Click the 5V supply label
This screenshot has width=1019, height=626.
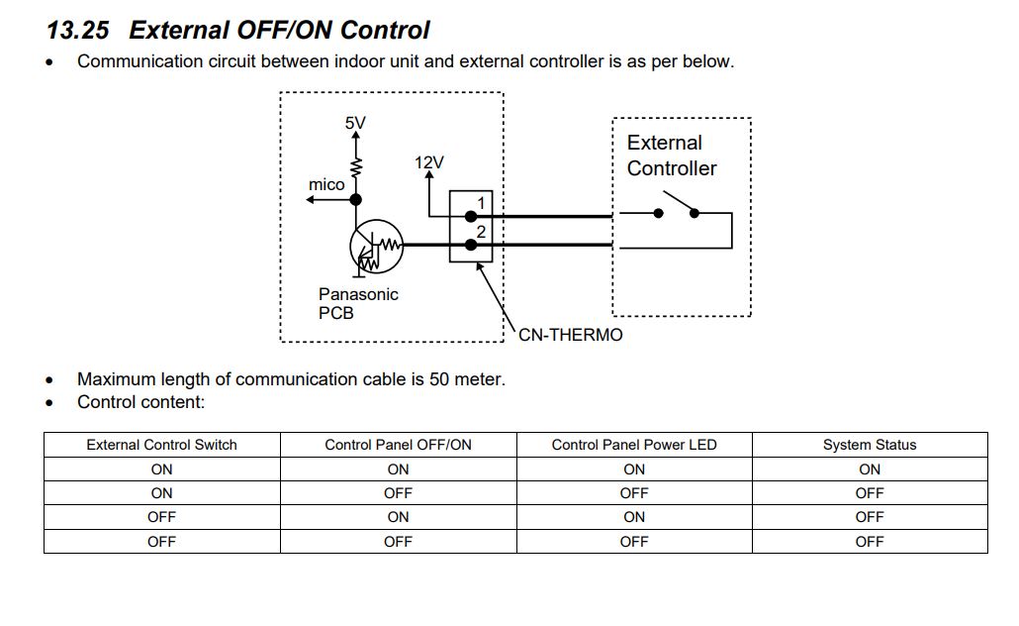pyautogui.click(x=355, y=123)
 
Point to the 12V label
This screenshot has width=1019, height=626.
pyautogui.click(x=429, y=162)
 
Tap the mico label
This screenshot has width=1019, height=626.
pyautogui.click(x=326, y=184)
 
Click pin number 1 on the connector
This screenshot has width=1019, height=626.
pyautogui.click(x=481, y=203)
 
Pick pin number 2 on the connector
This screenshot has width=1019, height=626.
pyautogui.click(x=481, y=232)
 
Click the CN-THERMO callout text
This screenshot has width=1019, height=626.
pyautogui.click(x=571, y=335)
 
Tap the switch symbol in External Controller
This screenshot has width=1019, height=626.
pyautogui.click(x=678, y=209)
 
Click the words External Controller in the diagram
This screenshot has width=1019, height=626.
pyautogui.click(x=672, y=156)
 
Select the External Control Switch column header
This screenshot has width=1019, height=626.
pyautogui.click(x=162, y=445)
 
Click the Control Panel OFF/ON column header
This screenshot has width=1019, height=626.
pyautogui.click(x=398, y=445)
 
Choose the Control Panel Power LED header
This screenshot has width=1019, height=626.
pyautogui.click(x=634, y=445)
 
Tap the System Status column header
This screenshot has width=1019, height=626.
pyautogui.click(x=870, y=445)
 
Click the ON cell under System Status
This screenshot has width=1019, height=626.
pyautogui.click(x=870, y=469)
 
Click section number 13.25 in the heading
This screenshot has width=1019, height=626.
pyautogui.click(x=77, y=31)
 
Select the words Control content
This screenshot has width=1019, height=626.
pyautogui.click(x=140, y=402)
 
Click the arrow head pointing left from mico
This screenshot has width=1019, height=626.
pyautogui.click(x=311, y=200)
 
